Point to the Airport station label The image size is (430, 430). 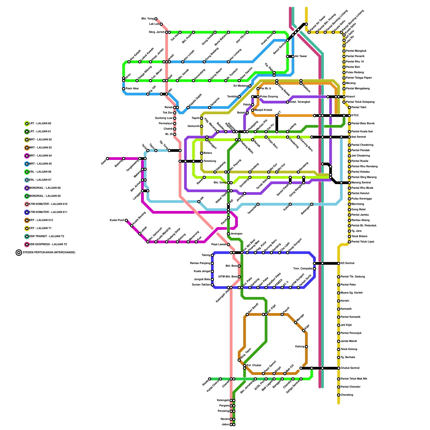coord(350,97)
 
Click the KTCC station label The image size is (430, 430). coord(355,116)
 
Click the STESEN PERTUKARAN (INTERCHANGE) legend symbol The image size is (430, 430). coord(19,253)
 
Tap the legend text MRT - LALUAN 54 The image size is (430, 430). coord(40,156)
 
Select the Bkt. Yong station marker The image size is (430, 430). coord(156,19)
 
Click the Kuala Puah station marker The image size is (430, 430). coord(126,220)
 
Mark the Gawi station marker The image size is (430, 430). coord(107,159)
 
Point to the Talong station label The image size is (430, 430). coord(206,255)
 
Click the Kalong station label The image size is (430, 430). coord(300,347)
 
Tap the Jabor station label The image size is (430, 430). coord(225,425)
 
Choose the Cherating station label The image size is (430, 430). coord(347,395)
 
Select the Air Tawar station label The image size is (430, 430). coord(301,56)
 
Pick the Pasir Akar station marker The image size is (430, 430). coord(124,89)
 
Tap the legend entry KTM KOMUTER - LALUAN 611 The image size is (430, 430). coord(48,212)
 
